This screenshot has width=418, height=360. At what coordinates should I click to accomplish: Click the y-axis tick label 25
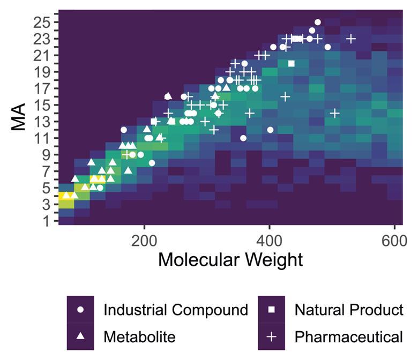[42, 22]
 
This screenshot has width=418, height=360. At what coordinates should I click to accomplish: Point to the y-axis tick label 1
[46, 221]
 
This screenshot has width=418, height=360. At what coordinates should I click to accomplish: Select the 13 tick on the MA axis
[42, 122]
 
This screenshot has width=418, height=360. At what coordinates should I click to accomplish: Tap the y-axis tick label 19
[42, 72]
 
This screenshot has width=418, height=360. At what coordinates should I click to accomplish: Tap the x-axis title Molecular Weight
[230, 260]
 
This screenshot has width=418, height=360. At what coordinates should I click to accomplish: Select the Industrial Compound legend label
[175, 310]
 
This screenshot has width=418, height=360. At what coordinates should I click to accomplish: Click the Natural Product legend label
[348, 310]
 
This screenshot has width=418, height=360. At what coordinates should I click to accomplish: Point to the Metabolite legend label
[139, 337]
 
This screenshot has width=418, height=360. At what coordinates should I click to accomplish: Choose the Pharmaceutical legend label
[348, 337]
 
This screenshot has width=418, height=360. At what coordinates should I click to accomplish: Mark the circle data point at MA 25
[317, 22]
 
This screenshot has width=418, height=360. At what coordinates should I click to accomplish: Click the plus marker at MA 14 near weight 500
[334, 113]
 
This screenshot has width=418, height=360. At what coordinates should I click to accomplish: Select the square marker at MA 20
[292, 64]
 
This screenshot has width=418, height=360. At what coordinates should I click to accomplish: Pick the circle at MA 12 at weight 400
[270, 130]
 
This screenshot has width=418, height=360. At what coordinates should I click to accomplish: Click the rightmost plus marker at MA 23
[351, 39]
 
